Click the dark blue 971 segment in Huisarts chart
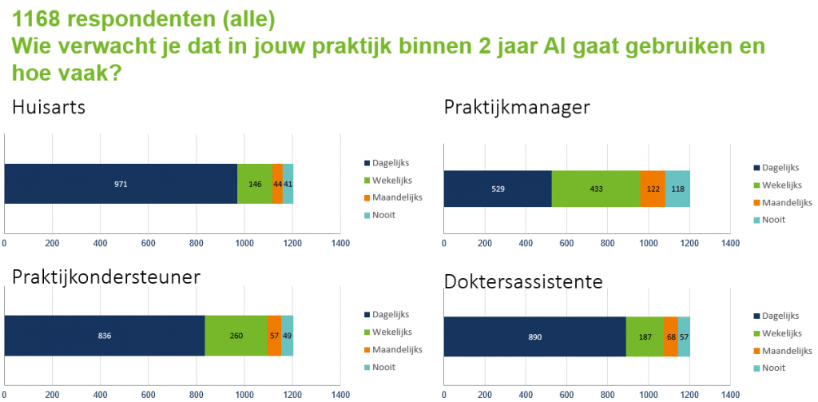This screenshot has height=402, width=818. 121,184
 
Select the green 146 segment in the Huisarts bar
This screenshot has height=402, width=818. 255,184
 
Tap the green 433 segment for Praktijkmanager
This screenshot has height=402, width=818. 595,189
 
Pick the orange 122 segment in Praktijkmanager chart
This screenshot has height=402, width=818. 653,189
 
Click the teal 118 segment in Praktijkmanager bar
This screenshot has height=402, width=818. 677,189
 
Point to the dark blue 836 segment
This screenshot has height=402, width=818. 105,336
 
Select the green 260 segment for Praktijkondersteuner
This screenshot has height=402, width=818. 236,336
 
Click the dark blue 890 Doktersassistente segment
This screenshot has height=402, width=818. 534,336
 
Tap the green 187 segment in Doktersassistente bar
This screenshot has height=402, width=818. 645,336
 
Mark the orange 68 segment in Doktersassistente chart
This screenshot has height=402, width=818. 671,336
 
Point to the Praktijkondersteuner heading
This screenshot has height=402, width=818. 105,277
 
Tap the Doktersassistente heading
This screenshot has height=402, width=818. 523,281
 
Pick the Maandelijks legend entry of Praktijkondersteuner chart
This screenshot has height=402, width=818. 396,349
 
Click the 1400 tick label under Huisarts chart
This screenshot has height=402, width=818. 340,243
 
